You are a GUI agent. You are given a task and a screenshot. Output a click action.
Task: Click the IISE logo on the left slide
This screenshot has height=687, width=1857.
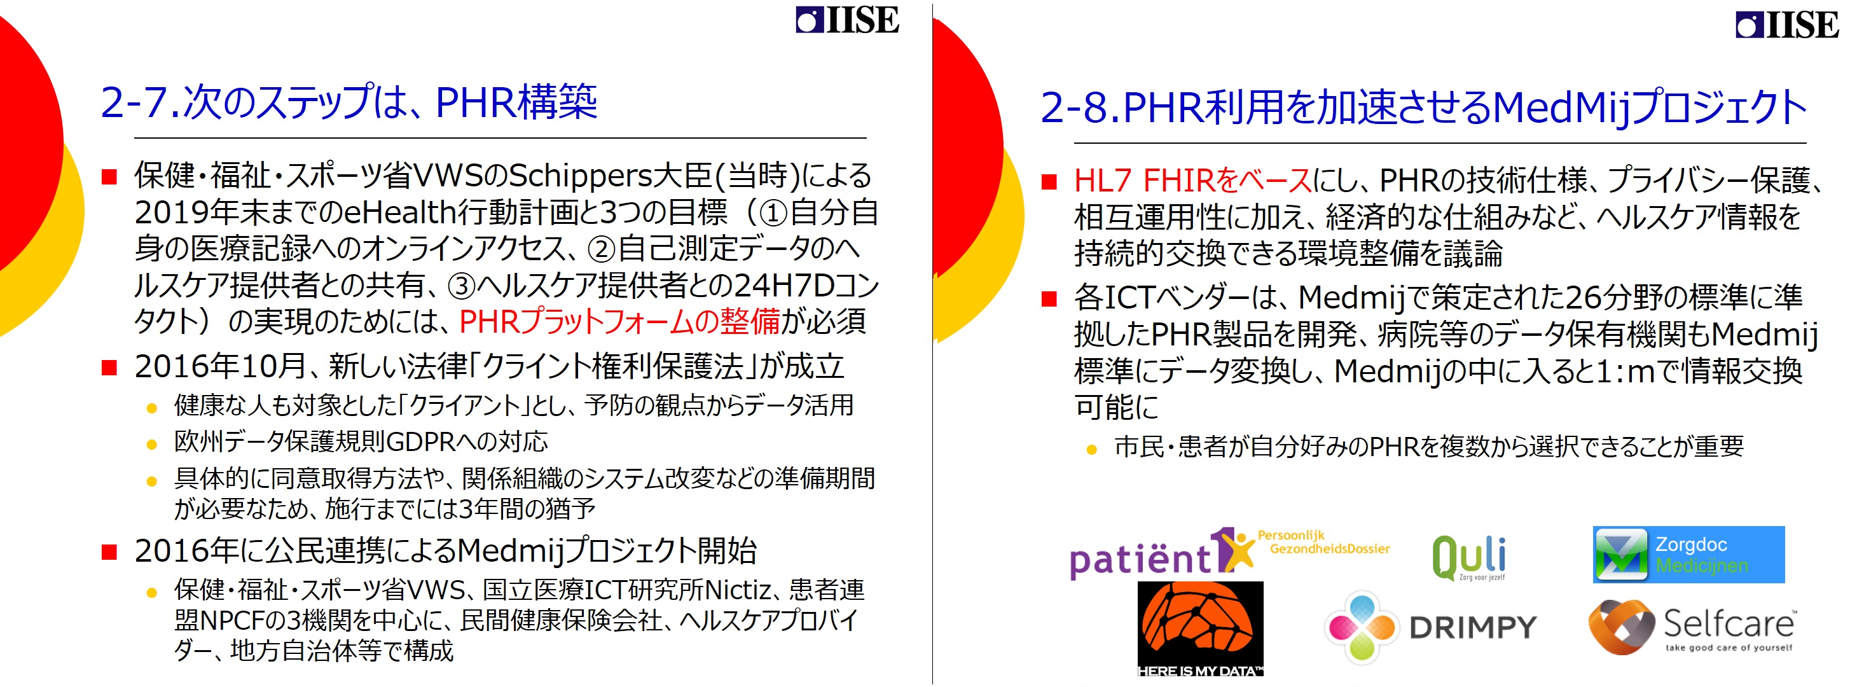847,20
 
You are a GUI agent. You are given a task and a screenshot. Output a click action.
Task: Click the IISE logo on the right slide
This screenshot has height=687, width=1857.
1787,25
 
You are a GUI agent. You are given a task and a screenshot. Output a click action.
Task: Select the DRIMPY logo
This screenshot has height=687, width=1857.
1431,627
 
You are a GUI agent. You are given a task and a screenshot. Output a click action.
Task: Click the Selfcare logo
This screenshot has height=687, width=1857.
1690,627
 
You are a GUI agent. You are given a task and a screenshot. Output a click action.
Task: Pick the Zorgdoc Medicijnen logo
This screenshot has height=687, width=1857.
1688,554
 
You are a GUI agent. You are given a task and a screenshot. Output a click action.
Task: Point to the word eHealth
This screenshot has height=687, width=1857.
400,212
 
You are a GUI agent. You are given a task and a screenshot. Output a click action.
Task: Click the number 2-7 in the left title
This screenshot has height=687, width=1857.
137,102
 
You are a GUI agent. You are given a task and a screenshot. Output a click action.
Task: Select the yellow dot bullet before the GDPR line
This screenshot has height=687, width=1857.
151,444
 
